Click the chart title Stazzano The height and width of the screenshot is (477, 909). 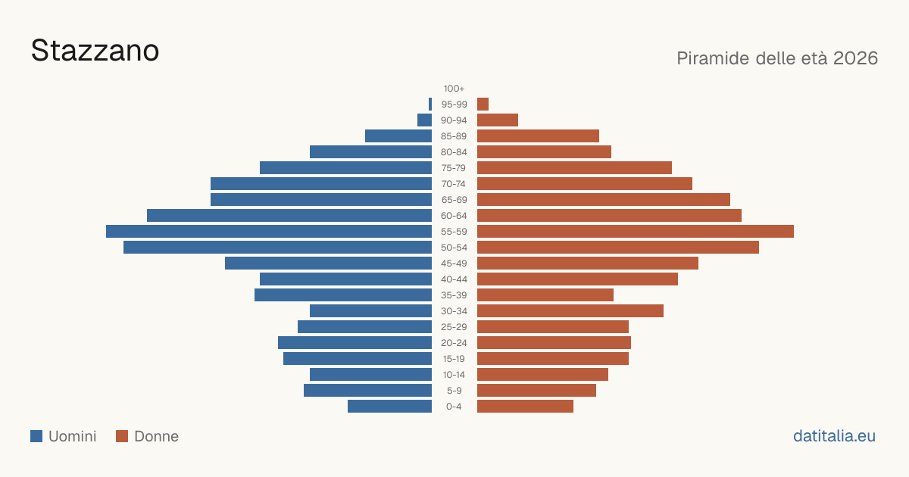click(95, 51)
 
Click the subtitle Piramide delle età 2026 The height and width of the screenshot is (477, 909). click(777, 58)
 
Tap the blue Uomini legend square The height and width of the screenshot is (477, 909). click(36, 436)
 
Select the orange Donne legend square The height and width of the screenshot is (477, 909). click(122, 436)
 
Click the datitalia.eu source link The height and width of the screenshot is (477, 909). click(834, 436)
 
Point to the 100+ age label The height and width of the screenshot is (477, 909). click(454, 89)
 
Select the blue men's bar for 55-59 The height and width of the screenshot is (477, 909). click(269, 231)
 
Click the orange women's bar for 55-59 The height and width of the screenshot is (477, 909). click(636, 231)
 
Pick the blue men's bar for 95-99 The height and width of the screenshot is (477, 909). click(430, 104)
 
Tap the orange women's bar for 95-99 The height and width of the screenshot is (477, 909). click(483, 104)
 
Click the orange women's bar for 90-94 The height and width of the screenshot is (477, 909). click(498, 120)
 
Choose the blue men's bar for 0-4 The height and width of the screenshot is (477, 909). click(389, 407)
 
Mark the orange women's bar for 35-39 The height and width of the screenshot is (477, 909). click(545, 295)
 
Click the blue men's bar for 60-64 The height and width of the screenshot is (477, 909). click(289, 215)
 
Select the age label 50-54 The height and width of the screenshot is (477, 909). click(454, 248)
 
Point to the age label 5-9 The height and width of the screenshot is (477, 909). click(454, 391)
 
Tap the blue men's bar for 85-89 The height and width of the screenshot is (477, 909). click(398, 136)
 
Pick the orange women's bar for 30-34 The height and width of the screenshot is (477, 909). click(570, 311)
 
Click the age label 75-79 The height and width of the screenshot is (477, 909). click(454, 168)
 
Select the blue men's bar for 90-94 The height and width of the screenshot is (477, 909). click(424, 120)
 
